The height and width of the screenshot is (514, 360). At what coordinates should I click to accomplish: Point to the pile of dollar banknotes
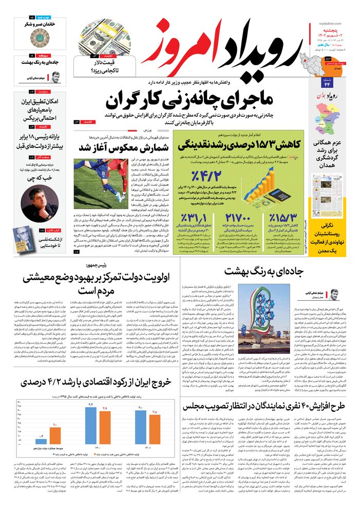[x=108, y=36]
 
